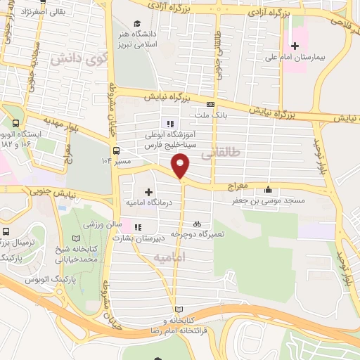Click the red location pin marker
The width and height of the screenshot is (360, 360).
coord(181,166)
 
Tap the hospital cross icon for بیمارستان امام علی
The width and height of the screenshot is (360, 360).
coord(295,46)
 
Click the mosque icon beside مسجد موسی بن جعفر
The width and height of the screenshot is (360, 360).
coord(268,189)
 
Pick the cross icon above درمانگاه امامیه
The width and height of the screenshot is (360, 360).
coord(148,191)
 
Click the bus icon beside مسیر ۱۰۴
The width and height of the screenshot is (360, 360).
coord(116,150)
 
